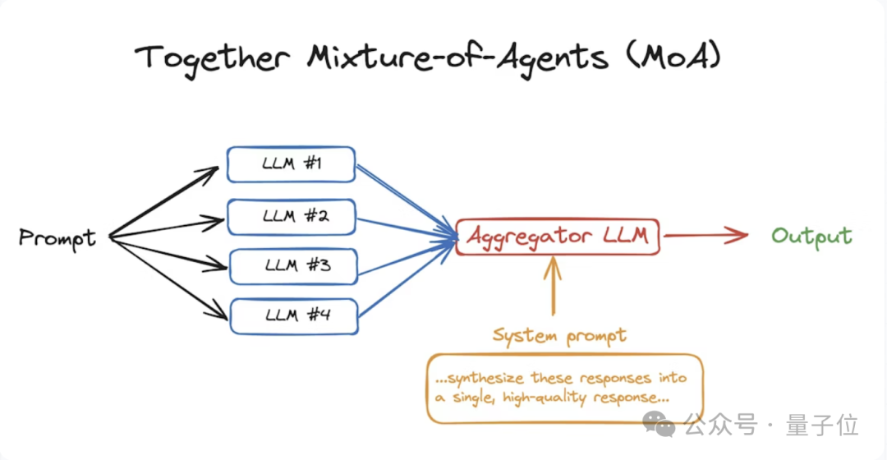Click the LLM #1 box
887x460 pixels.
(x=291, y=164)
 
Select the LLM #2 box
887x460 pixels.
(x=291, y=216)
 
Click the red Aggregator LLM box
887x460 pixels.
(x=557, y=237)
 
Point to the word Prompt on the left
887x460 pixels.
(x=57, y=238)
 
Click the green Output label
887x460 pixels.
(x=811, y=237)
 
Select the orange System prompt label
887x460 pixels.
(x=559, y=335)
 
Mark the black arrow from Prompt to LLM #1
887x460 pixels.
(x=164, y=202)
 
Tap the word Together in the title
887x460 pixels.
(x=212, y=57)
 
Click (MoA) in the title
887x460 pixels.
(x=690, y=57)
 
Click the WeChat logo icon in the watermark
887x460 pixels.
(x=659, y=424)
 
